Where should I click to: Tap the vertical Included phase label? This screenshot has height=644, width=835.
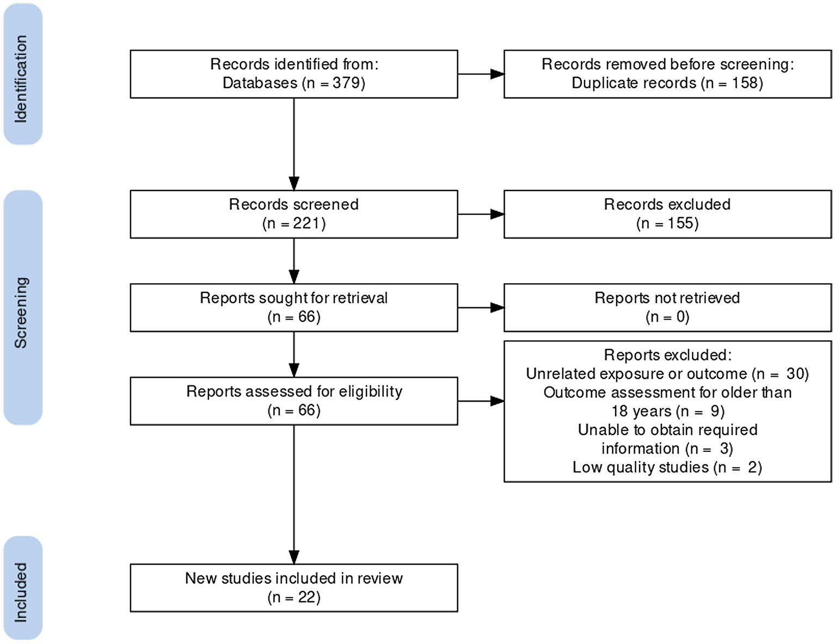21,592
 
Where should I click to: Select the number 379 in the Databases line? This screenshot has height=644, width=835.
346,83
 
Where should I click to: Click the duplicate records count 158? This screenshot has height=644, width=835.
744,83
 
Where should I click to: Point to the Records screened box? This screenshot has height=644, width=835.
293,214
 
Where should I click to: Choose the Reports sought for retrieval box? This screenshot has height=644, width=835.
293,308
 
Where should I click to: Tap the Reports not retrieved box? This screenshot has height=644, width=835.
667,308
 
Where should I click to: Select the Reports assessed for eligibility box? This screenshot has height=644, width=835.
293,401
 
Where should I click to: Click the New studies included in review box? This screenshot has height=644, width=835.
293,587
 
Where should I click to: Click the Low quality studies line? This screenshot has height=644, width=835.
667,467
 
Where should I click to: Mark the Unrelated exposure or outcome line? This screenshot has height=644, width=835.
667,374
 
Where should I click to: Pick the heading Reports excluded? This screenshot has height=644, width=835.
667,355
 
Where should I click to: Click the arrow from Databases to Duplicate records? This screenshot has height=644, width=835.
481,74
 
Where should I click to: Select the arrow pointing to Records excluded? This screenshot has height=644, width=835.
481,214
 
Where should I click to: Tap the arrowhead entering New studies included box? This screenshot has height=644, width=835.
294,557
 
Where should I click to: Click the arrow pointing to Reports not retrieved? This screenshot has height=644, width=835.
481,308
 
